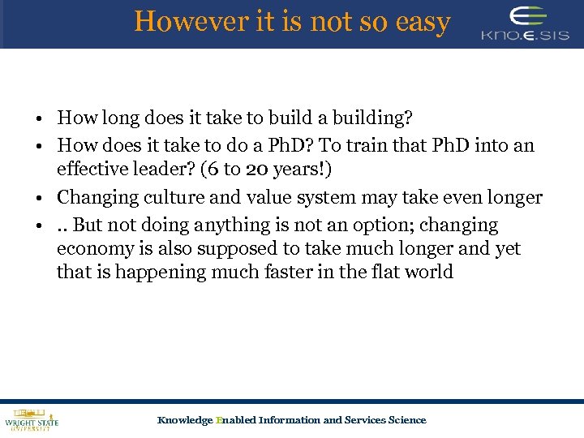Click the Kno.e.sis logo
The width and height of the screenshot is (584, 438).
pyautogui.click(x=526, y=24)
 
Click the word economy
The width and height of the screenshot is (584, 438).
pyautogui.click(x=91, y=248)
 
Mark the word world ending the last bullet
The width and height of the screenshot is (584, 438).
pyautogui.click(x=430, y=272)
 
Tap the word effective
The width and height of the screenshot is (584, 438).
pyautogui.click(x=89, y=169)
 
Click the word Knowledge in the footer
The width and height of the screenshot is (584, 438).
pyautogui.click(x=185, y=419)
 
